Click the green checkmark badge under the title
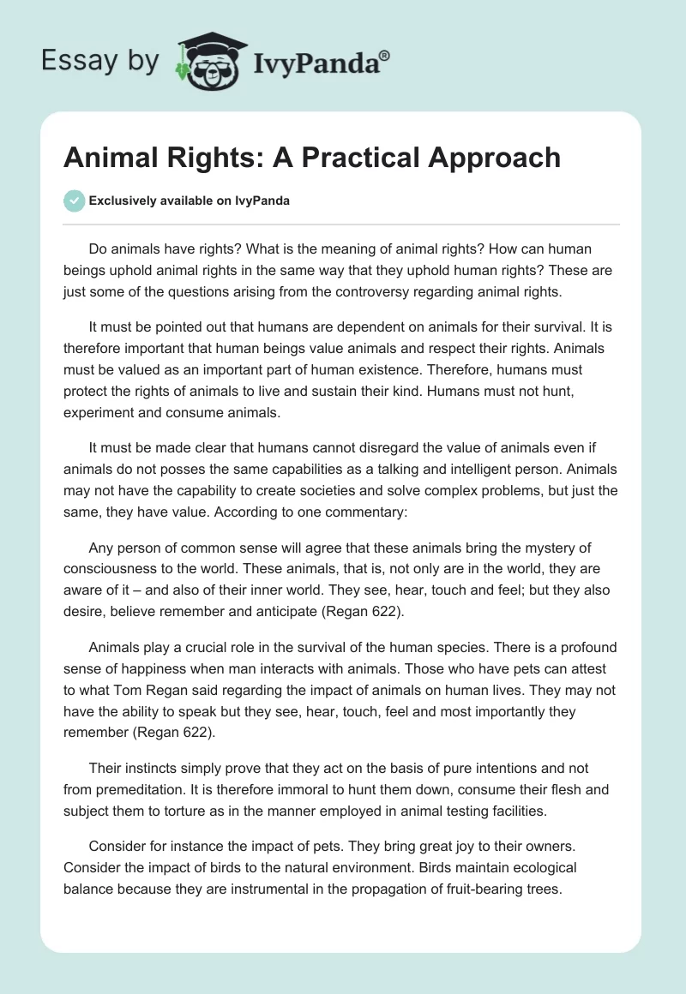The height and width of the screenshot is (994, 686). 74,201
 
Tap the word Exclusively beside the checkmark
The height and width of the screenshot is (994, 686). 123,201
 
